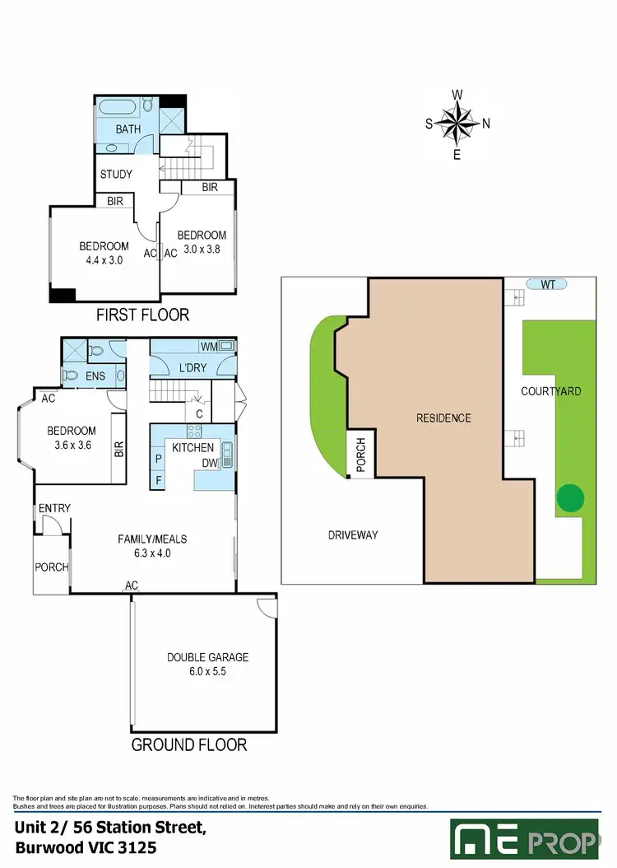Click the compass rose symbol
coord(457,124)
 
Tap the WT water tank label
coord(549,284)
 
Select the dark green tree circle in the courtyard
coord(570,497)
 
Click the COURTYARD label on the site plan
coord(550,391)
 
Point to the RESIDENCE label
coord(443,418)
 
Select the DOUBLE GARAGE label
coord(207,657)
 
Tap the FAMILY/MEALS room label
coord(152,539)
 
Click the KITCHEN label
coord(193,447)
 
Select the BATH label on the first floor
coord(128,129)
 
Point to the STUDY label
coord(116,175)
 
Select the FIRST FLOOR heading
coord(142,315)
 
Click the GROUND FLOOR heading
coord(189,744)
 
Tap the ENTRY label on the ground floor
coord(54,508)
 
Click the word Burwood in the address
coord(49,847)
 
